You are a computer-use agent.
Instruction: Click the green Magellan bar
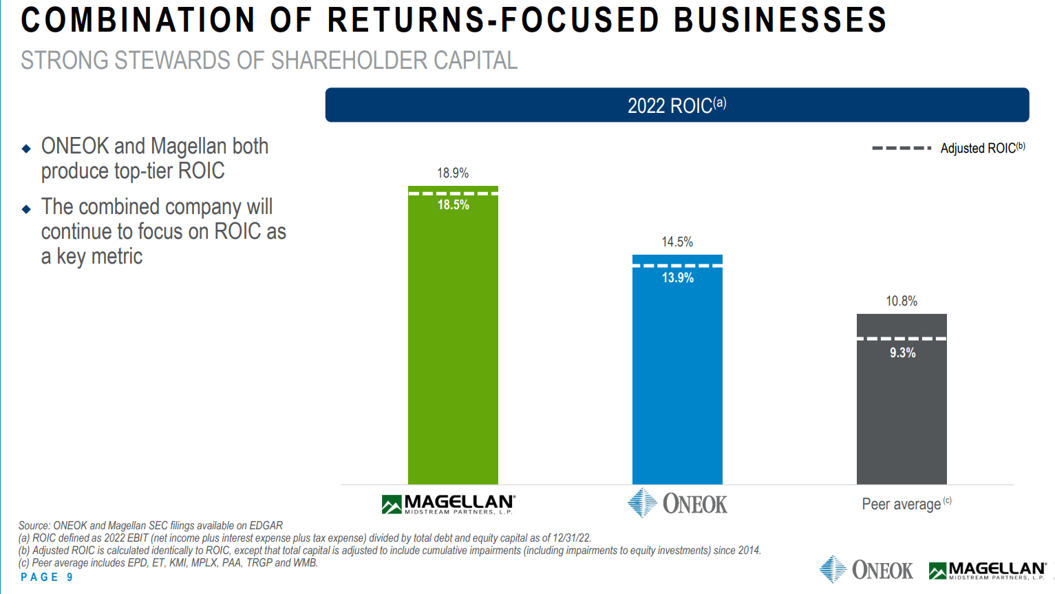coord(453,344)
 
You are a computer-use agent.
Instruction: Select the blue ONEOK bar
coord(677,379)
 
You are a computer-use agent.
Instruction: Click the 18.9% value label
coord(453,173)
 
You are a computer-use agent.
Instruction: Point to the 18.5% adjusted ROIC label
coord(454,205)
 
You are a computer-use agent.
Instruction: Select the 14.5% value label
coord(677,242)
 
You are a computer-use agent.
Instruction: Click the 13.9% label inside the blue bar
coord(678,278)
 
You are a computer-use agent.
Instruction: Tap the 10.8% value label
coord(902,301)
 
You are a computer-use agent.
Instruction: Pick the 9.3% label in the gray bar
coord(902,353)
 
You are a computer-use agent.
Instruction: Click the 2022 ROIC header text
coord(676,105)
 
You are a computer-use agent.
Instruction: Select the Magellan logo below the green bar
coord(449,505)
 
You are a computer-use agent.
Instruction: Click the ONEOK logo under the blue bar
coord(678,504)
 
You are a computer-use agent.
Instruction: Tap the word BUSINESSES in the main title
coord(780,20)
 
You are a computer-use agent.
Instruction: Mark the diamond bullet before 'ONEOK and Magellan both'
coord(26,148)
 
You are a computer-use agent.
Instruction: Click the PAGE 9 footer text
coord(47,577)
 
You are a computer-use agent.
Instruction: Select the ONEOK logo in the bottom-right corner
coord(866,570)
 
